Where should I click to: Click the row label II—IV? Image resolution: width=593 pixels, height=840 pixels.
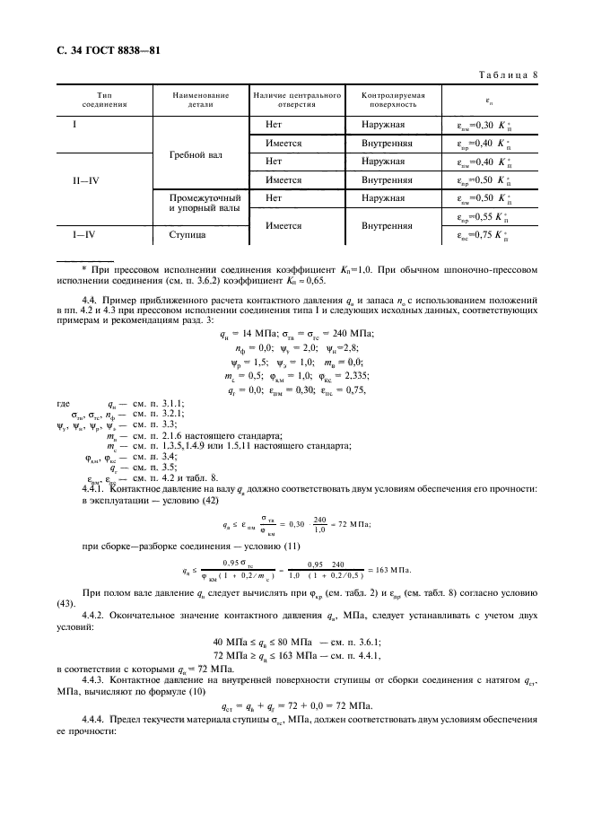tap(86, 180)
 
